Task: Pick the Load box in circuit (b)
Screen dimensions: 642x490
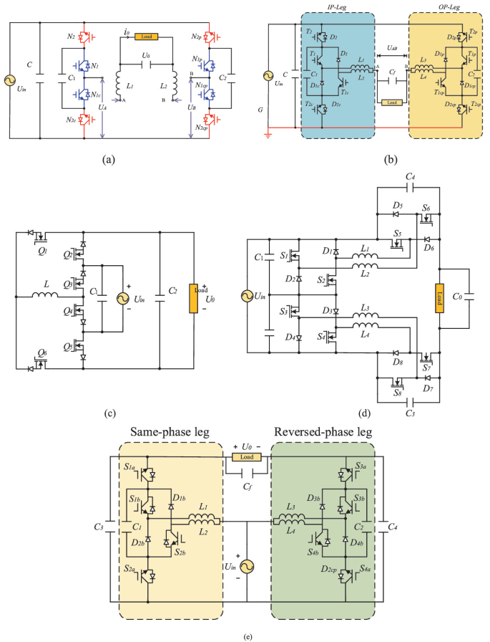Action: pyautogui.click(x=391, y=102)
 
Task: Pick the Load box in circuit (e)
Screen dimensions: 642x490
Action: pyautogui.click(x=247, y=456)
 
